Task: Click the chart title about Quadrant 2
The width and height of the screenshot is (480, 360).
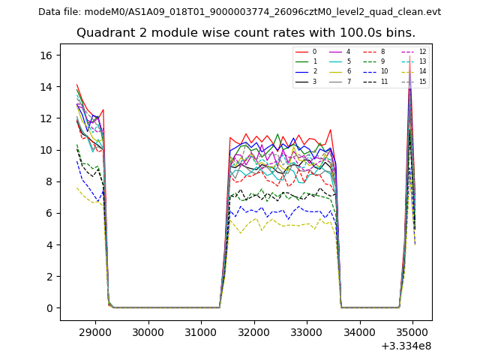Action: point(246,33)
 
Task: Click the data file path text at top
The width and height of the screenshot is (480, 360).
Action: point(239,12)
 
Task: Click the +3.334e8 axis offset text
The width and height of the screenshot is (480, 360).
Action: point(406,346)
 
